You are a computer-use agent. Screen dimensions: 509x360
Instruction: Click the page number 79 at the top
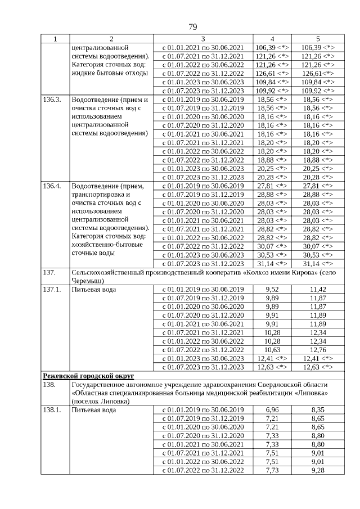192,27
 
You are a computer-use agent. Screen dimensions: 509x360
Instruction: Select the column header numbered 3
202,39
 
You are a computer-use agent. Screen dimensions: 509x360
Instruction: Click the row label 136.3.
52,99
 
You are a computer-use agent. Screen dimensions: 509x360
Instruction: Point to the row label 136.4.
52,186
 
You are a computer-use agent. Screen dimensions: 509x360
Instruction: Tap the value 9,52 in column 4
272,289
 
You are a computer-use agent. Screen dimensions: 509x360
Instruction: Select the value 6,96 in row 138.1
272,409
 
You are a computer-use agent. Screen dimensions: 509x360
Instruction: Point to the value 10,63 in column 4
272,350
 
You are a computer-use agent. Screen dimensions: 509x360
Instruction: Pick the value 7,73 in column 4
272,470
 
